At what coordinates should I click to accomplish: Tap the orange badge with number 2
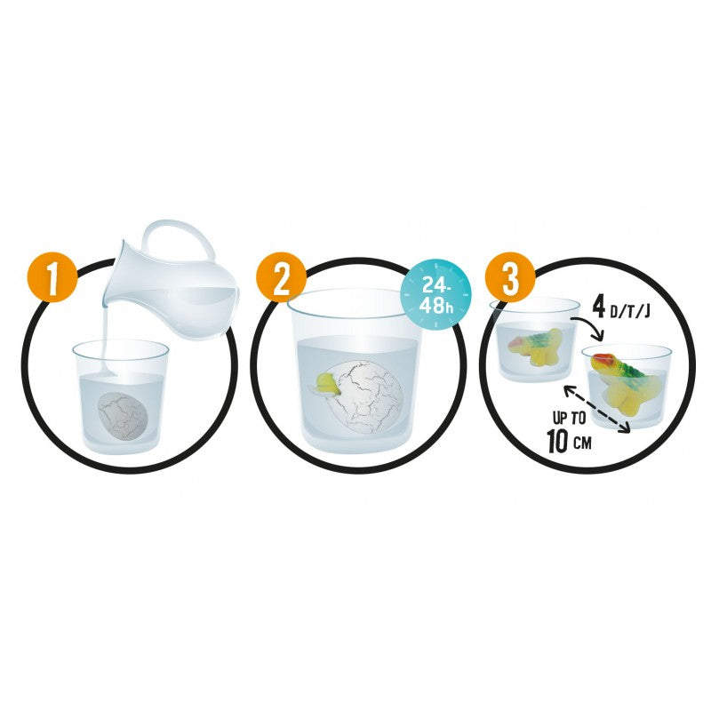click(282, 279)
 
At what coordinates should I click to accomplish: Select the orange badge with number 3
click(510, 279)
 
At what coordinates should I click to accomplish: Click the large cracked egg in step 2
click(365, 396)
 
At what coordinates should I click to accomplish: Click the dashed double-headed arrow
click(596, 408)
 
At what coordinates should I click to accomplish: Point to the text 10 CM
click(569, 440)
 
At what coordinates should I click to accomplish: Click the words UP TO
click(569, 417)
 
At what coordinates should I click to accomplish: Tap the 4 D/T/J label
click(621, 308)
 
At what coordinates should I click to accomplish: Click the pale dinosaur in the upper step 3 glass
click(536, 347)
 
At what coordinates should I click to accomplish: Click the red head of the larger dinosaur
click(598, 360)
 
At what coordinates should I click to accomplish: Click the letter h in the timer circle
click(448, 308)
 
